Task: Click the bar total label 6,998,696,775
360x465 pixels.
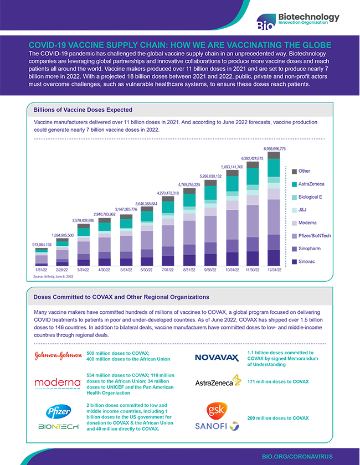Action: point(275,148)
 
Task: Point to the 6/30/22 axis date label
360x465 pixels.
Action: point(147,270)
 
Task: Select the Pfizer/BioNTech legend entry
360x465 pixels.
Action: point(310,235)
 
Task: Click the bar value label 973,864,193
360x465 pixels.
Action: point(42,244)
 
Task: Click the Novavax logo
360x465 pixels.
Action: point(217,358)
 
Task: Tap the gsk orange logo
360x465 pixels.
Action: point(215,410)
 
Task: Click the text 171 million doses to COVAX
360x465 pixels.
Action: point(277,382)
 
